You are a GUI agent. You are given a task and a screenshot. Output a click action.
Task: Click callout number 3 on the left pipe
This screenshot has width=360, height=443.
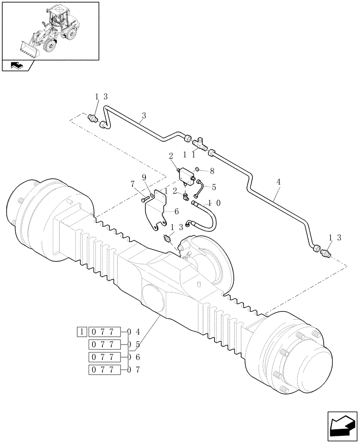tap(143, 117)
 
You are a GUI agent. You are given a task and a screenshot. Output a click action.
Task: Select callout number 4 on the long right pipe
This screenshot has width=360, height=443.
tap(279, 181)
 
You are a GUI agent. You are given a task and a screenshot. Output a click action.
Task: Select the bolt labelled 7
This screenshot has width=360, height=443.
tap(146, 200)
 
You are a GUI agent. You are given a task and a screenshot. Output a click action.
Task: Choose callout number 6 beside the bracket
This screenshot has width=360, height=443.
tap(176, 212)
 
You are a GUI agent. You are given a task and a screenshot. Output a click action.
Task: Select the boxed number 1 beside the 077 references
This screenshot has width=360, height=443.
tap(82, 331)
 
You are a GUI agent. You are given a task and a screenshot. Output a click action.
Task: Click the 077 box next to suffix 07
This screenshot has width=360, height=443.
tap(105, 369)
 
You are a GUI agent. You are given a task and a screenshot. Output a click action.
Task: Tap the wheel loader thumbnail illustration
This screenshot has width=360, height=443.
tap(50, 31)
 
